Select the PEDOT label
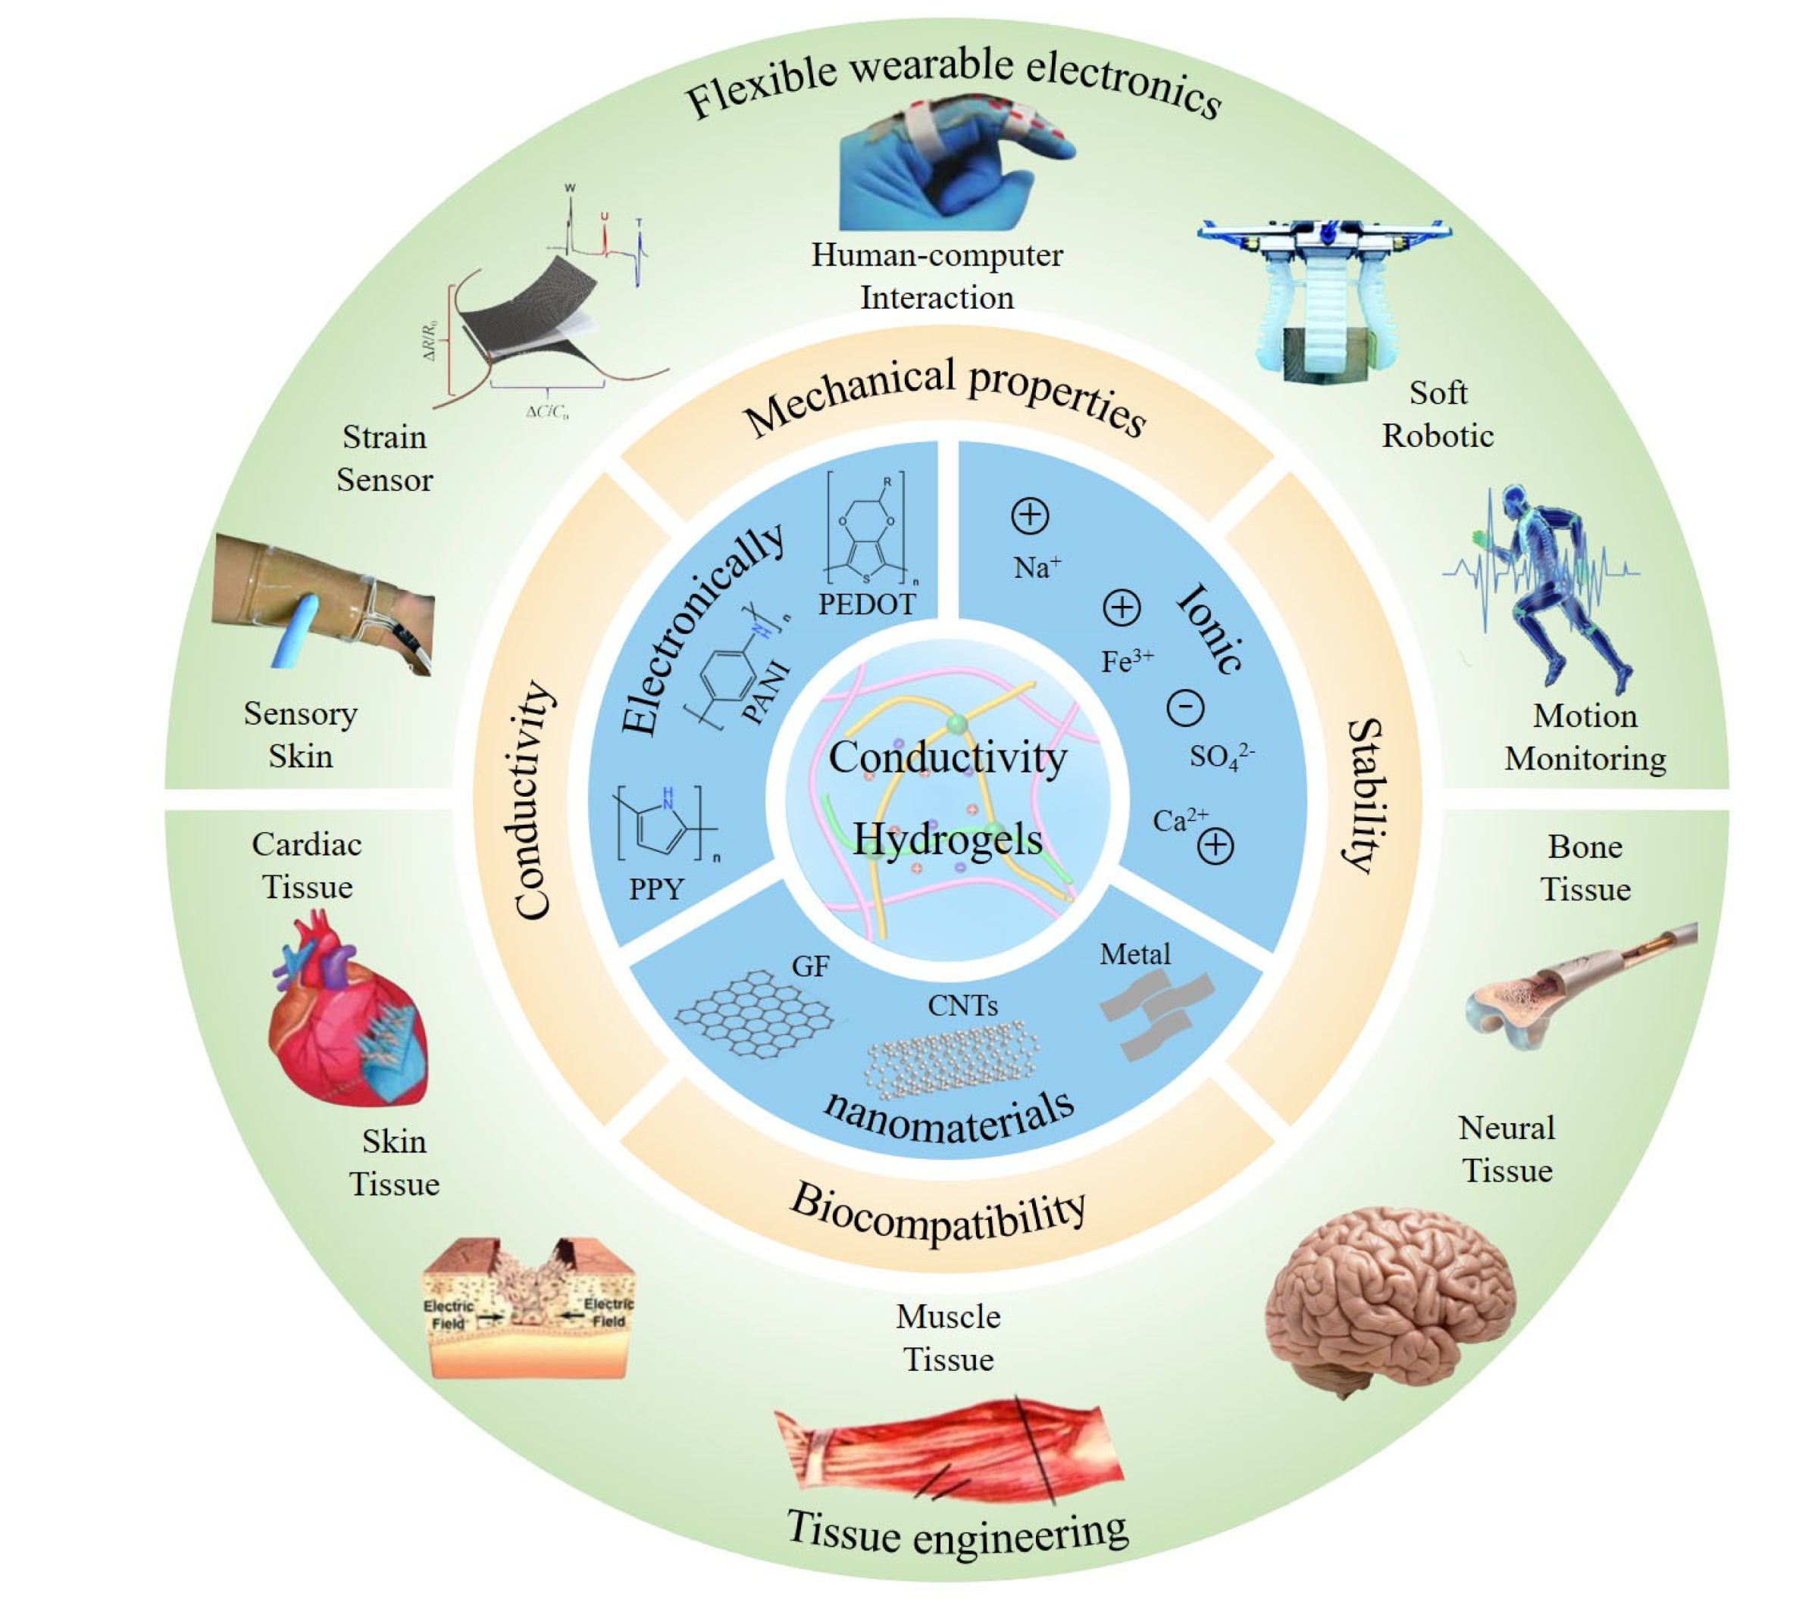pos(866,604)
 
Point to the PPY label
pos(656,888)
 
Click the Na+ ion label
pos(1036,566)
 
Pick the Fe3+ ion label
pos(1126,660)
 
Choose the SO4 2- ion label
pos(1220,755)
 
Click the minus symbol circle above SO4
pos(1185,707)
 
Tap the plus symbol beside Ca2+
pos(1215,846)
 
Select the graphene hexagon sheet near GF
pos(754,1013)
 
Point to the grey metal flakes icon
pos(1155,1013)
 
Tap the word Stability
pos(1366,796)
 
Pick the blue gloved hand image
pos(943,167)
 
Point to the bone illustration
pos(1579,987)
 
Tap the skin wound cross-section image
pos(529,1309)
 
